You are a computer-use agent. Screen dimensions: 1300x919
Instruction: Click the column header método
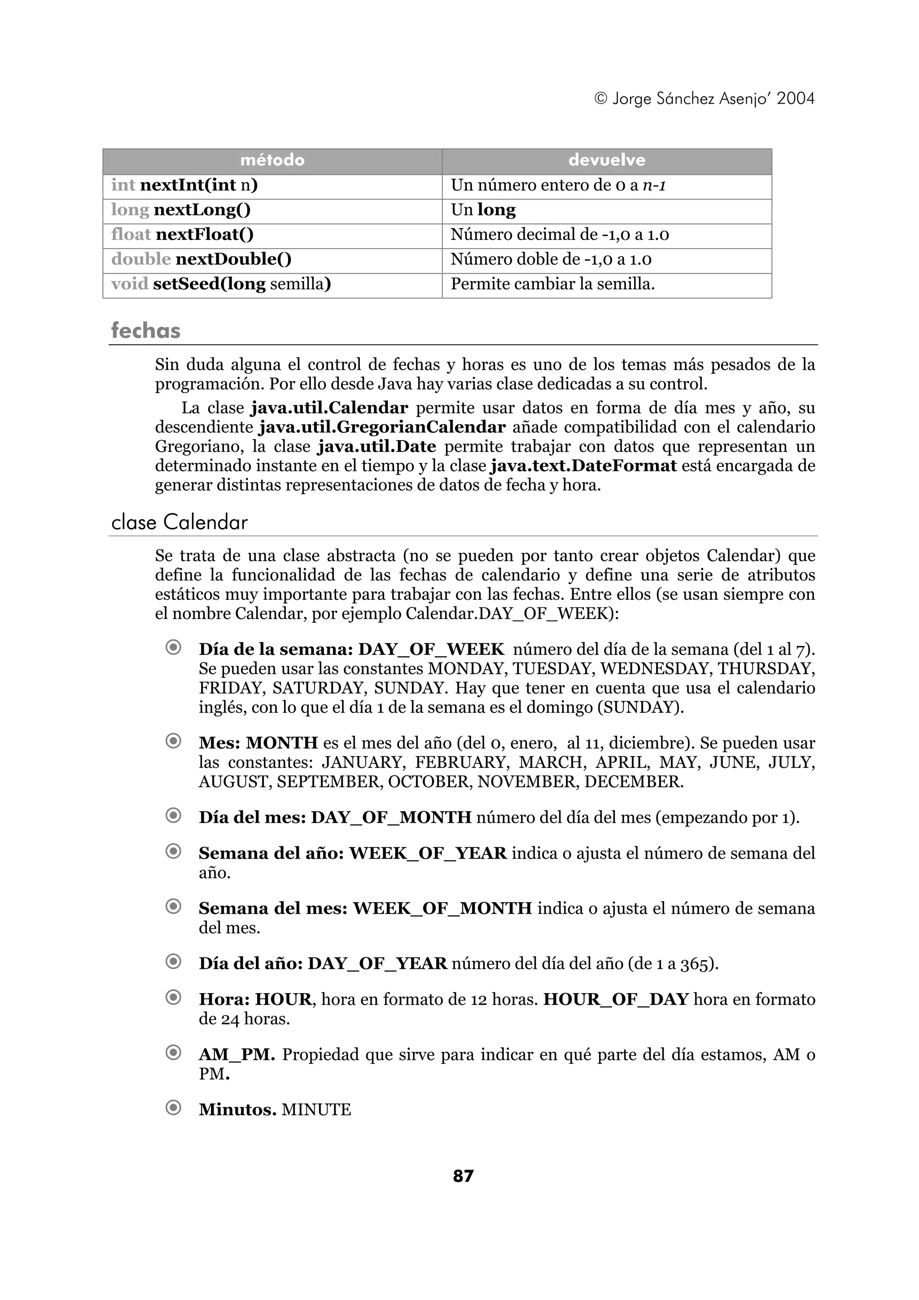pos(272,161)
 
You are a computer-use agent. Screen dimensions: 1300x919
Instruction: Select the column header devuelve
pos(606,161)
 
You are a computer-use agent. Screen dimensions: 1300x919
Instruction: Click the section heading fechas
pos(145,331)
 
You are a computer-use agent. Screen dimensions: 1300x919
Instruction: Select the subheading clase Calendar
pos(179,522)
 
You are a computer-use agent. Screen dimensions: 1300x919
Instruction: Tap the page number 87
pos(463,1177)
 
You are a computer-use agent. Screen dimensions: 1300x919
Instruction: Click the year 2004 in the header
pos(795,99)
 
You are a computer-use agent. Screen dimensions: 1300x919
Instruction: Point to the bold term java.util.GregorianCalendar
pos(382,428)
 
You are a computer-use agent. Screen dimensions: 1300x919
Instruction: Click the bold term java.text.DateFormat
pos(583,466)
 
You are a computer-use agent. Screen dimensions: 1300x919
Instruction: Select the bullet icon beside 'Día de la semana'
pos(173,647)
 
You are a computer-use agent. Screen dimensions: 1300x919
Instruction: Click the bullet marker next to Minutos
pos(173,1108)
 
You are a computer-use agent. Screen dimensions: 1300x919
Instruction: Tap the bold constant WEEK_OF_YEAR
pos(428,853)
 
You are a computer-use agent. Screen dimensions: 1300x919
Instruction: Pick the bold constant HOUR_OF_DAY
pos(616,999)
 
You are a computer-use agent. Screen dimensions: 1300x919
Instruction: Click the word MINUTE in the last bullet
pos(316,1110)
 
